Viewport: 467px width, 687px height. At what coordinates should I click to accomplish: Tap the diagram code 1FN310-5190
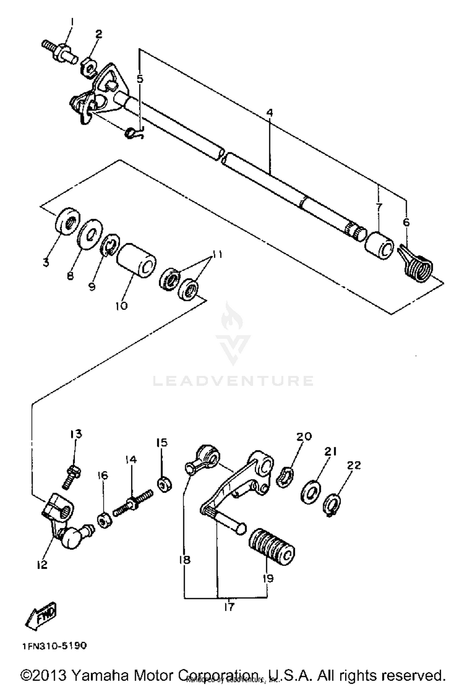[54, 646]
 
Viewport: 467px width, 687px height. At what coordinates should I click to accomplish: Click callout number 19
[267, 578]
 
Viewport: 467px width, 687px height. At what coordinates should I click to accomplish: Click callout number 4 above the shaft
[270, 113]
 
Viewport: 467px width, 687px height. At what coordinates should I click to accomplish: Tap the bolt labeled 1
[59, 51]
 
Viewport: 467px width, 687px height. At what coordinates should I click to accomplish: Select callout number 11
[217, 255]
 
